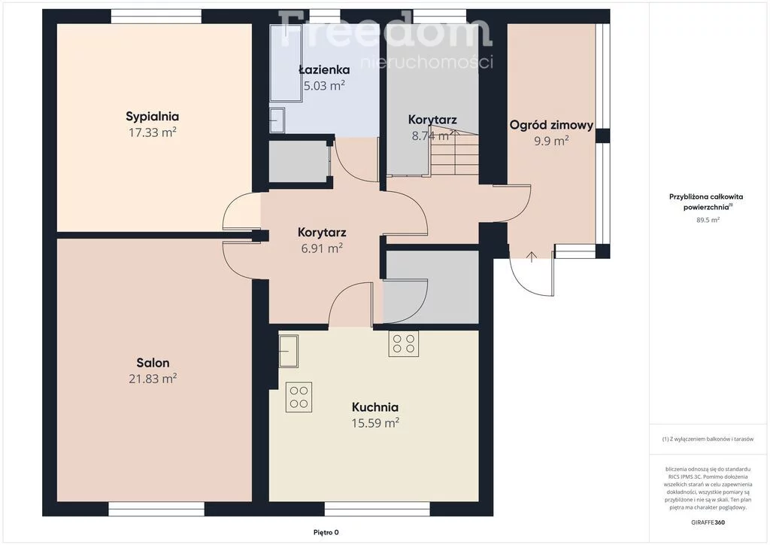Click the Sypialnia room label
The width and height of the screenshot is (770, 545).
tap(152, 117)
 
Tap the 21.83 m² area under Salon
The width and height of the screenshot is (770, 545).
tap(153, 379)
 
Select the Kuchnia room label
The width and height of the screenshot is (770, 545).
tap(375, 407)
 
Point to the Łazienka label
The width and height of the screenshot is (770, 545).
tap(324, 69)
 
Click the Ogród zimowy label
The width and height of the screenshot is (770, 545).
tap(551, 125)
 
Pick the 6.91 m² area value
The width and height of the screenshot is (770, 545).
tap(322, 248)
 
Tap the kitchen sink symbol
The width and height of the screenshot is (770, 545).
tap(288, 350)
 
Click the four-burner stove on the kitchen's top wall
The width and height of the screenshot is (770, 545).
tap(404, 343)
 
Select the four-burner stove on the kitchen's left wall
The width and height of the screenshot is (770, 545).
tap(299, 397)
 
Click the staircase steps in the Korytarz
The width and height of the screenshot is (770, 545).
tap(455, 153)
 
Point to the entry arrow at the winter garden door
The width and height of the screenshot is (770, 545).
tap(532, 257)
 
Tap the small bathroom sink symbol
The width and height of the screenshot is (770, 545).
tap(277, 120)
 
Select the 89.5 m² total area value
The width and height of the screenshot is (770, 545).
tap(708, 220)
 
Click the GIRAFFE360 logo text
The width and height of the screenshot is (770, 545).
tap(708, 522)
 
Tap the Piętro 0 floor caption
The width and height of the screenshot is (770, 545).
tap(326, 532)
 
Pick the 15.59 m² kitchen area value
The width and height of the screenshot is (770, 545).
tap(375, 422)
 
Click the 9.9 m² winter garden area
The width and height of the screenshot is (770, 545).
tap(551, 141)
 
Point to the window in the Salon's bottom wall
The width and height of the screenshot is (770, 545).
tap(156, 509)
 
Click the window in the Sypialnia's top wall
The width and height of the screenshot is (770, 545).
tap(156, 17)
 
